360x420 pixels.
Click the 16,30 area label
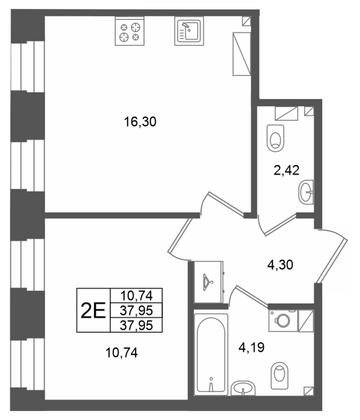(141, 122)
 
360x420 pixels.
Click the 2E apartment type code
(92, 310)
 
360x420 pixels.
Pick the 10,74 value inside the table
(133, 296)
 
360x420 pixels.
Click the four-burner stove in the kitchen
(130, 31)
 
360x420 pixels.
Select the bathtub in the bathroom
(211, 354)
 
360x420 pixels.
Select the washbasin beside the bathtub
(242, 389)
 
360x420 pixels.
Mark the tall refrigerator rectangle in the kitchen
(242, 54)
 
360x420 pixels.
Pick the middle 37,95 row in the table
(133, 311)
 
